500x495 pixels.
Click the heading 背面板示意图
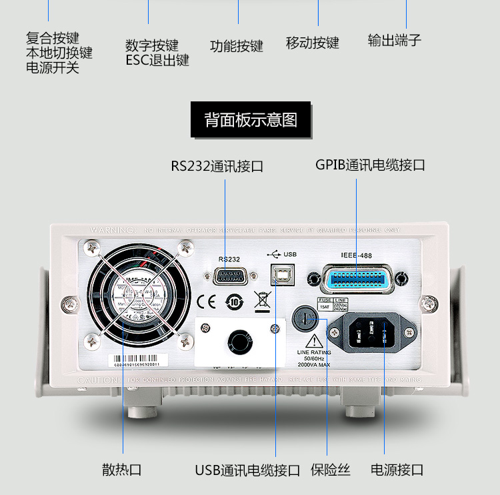(x=251, y=120)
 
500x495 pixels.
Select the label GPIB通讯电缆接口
(x=370, y=165)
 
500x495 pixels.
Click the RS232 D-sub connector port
(x=228, y=277)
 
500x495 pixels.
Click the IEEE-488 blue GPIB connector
(x=356, y=278)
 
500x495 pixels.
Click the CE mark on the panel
(x=206, y=302)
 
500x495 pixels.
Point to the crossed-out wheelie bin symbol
(x=262, y=302)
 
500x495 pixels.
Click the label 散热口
(x=122, y=470)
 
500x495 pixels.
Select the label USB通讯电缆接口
(x=247, y=470)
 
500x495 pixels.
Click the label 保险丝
(x=330, y=470)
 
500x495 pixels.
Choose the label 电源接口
(x=397, y=470)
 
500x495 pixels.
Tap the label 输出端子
(x=395, y=41)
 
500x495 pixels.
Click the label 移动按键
(x=313, y=43)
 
